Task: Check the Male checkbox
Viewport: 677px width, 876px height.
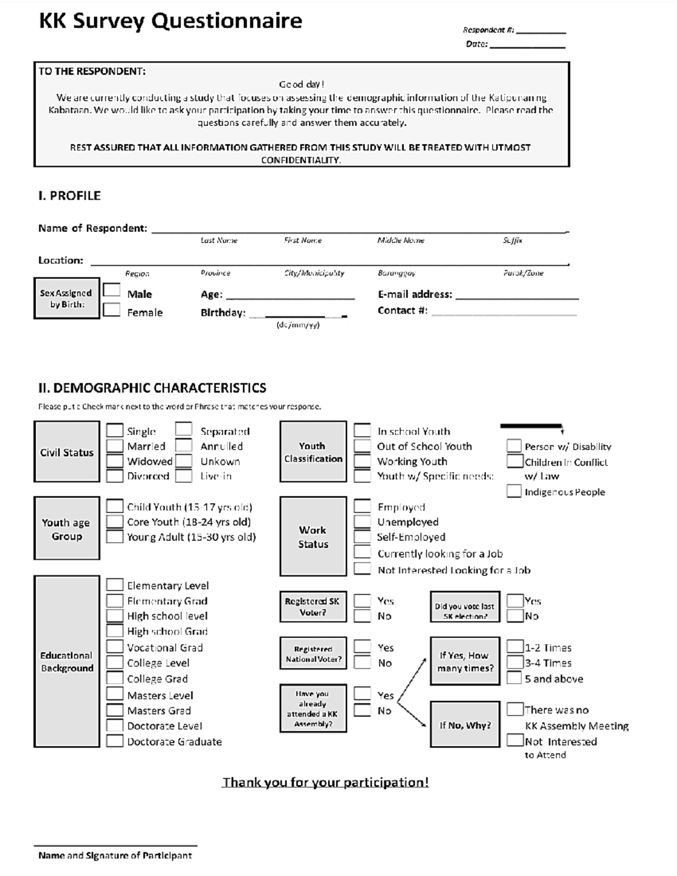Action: pos(111,290)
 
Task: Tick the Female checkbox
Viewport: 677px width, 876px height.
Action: pos(111,310)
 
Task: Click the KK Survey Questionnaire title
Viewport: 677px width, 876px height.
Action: pos(170,21)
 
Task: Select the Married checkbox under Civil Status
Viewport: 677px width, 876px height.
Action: pos(115,446)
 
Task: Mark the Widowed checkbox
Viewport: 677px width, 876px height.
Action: pos(115,461)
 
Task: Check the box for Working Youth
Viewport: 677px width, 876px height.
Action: pos(362,461)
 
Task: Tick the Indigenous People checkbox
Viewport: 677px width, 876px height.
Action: pos(513,491)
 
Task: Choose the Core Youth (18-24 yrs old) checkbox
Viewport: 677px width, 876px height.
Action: pos(115,522)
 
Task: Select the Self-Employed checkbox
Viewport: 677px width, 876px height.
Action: pos(362,537)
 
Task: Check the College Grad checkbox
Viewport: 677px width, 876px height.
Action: pos(115,678)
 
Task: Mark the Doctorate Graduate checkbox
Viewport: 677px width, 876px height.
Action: pos(115,741)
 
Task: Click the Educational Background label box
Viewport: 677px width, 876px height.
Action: pos(67,662)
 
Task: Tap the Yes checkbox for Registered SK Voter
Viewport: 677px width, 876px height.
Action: pos(362,601)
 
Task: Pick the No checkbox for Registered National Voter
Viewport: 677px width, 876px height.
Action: pos(362,663)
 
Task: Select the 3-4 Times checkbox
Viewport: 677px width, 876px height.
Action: pos(515,662)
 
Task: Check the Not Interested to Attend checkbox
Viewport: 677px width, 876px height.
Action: pos(515,740)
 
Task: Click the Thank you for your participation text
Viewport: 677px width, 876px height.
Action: pos(325,782)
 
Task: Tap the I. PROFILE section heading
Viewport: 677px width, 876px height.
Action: pos(69,196)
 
